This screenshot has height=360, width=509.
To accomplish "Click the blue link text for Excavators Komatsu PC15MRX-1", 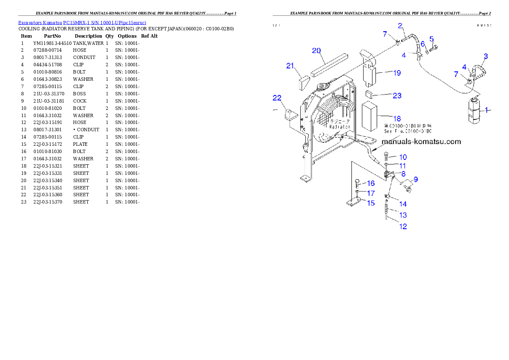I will click(x=82, y=23).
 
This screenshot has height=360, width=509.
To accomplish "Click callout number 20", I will click(x=317, y=50).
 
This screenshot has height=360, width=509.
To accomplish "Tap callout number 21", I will click(x=290, y=66).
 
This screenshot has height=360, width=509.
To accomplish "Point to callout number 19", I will click(x=397, y=73).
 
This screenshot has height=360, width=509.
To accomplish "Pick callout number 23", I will click(x=397, y=96).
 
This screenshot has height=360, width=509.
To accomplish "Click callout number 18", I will click(x=397, y=118).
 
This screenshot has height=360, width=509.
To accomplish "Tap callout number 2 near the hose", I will click(x=400, y=26).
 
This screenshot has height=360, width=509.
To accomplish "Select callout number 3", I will click(x=485, y=56).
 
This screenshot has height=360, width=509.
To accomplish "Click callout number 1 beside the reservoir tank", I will click(x=485, y=110).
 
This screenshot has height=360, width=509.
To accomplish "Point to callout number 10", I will click(x=403, y=157).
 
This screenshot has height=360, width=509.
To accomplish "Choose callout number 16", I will click(x=370, y=183).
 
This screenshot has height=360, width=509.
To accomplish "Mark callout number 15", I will click(x=370, y=203).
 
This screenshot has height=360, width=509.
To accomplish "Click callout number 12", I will click(x=403, y=226).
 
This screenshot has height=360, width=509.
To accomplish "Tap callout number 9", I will click(x=415, y=179).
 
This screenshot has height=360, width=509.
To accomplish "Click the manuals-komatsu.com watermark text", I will click(x=421, y=142).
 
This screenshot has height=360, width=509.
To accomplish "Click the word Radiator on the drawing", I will click(x=340, y=127).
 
